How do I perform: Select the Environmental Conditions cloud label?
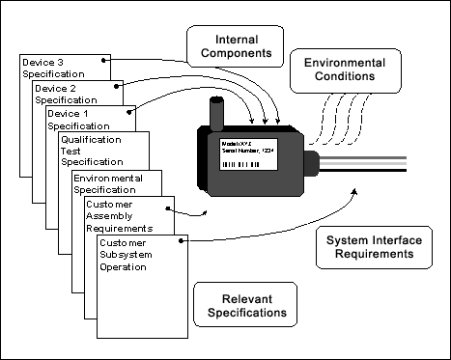tap(340, 69)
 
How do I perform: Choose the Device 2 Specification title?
tap(66, 94)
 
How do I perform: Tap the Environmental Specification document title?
tap(108, 184)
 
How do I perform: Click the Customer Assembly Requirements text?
tap(120, 217)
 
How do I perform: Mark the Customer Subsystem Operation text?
tap(132, 253)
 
